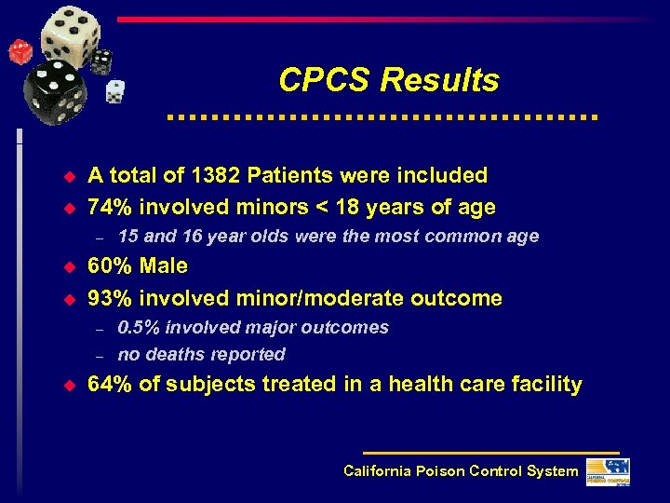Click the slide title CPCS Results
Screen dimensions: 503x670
[388, 80]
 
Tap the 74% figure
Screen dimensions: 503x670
[109, 207]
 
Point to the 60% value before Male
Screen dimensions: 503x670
[109, 266]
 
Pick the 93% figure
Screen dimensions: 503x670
[109, 298]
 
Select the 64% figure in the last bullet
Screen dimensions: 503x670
[109, 384]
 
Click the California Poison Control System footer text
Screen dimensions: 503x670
[461, 470]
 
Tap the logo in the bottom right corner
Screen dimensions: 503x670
[607, 471]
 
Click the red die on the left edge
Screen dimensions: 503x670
[20, 51]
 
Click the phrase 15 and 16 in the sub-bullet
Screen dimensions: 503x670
[153, 236]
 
